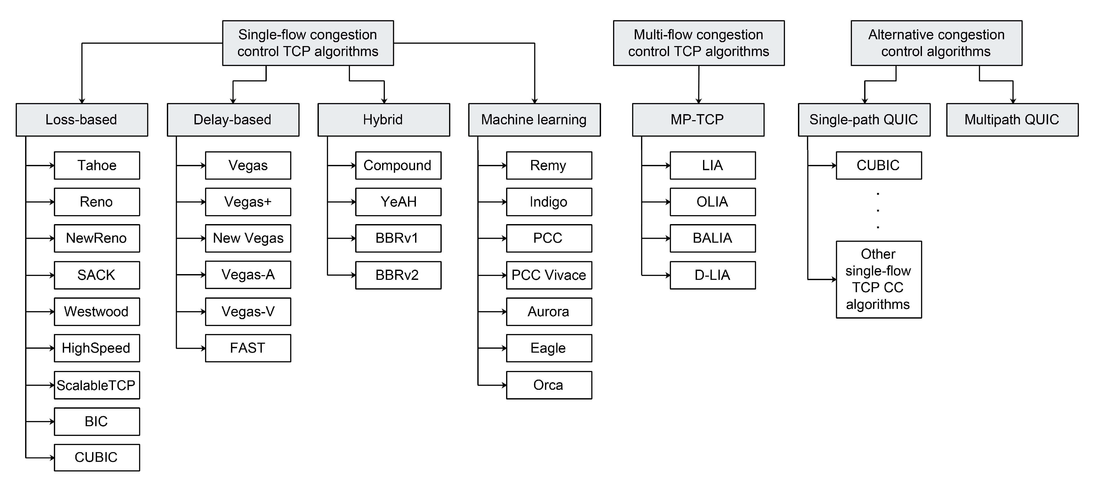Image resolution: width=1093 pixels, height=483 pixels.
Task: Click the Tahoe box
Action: click(x=97, y=165)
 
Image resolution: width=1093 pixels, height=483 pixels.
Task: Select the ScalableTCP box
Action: click(x=97, y=385)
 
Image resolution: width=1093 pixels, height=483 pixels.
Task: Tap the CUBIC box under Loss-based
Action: click(x=97, y=457)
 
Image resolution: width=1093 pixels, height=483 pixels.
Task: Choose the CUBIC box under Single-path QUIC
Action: click(x=878, y=165)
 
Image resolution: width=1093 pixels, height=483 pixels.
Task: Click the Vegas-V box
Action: click(x=248, y=311)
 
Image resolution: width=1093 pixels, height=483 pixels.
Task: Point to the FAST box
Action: click(x=248, y=348)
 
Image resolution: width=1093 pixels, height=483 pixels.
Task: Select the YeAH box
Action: click(x=398, y=202)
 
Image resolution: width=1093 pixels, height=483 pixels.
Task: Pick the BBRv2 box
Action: click(x=398, y=275)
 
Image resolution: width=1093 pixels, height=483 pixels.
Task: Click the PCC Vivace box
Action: click(x=549, y=275)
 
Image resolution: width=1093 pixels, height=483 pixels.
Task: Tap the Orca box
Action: click(x=549, y=385)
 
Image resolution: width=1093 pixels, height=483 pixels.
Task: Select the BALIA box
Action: click(x=712, y=238)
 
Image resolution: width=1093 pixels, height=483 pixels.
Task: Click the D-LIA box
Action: click(x=712, y=275)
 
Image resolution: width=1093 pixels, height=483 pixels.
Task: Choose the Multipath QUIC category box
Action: click(x=1012, y=119)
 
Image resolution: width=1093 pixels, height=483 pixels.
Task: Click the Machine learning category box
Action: click(x=534, y=119)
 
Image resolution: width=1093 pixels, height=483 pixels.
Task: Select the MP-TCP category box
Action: click(x=698, y=119)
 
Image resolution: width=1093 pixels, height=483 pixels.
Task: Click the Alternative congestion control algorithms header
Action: click(x=936, y=43)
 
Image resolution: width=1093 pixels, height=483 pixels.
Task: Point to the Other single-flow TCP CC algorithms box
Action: click(x=878, y=279)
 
